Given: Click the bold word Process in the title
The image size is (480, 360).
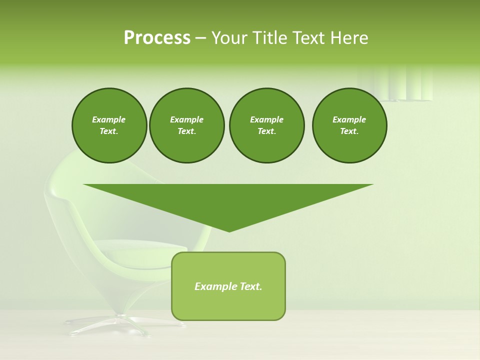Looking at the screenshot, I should coord(157,38).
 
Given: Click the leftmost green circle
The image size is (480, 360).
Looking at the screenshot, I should coord(109,125).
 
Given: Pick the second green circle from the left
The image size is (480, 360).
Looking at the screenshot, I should coord(186,125).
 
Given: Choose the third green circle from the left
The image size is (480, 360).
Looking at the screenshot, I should coord(266,125).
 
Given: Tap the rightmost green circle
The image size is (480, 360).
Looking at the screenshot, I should coord(349,125).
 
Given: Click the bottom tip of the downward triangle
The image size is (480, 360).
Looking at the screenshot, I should coord(229,231).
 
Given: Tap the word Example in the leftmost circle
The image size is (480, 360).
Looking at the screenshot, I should coord(109,119).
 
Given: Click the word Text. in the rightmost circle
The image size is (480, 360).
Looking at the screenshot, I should coord(349,131).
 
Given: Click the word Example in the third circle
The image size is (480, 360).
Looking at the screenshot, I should coord(266,119).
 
